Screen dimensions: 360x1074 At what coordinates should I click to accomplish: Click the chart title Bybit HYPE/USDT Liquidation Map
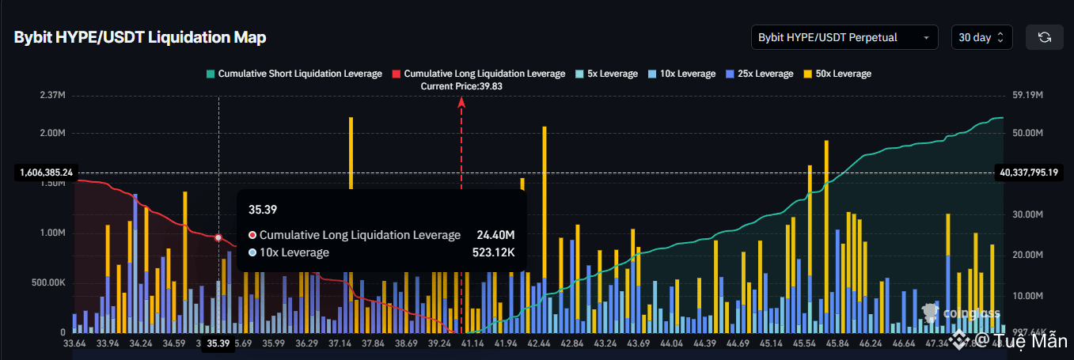click(139, 37)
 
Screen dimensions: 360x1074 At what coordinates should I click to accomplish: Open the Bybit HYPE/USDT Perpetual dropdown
click(844, 37)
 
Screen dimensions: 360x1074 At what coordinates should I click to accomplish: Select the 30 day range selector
click(981, 37)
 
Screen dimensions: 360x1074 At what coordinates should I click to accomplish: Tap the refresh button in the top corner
click(1044, 37)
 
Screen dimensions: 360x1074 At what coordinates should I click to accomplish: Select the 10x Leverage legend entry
click(681, 74)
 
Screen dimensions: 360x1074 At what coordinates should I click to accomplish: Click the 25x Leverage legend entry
click(759, 74)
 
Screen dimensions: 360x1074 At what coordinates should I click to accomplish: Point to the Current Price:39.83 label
click(461, 85)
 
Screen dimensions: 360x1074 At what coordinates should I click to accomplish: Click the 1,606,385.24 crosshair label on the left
click(44, 172)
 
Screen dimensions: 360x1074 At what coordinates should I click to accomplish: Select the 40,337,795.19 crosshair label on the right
click(1030, 172)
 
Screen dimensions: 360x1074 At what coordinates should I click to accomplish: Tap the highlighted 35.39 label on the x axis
click(218, 343)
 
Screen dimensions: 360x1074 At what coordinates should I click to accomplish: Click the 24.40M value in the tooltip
click(495, 235)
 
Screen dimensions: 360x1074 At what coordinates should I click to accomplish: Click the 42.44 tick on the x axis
click(538, 343)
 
